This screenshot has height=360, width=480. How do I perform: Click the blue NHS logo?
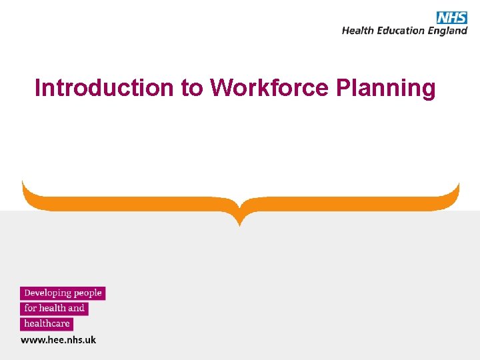[x=452, y=17]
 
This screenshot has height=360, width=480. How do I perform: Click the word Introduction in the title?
[x=104, y=87]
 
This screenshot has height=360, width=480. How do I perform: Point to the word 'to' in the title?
[x=191, y=87]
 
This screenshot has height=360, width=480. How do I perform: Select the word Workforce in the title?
[x=269, y=87]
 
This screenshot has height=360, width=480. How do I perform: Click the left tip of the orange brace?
[x=23, y=181]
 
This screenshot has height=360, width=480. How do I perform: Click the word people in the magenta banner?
[x=88, y=293]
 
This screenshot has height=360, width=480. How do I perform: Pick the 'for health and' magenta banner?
[x=54, y=309]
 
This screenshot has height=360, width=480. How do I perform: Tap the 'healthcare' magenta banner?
[x=47, y=324]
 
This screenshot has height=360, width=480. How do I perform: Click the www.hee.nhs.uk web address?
[x=59, y=340]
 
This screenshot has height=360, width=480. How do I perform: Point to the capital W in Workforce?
[x=220, y=87]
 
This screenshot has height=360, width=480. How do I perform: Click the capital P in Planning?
[x=343, y=87]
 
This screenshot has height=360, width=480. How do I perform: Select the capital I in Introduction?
[x=38, y=87]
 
